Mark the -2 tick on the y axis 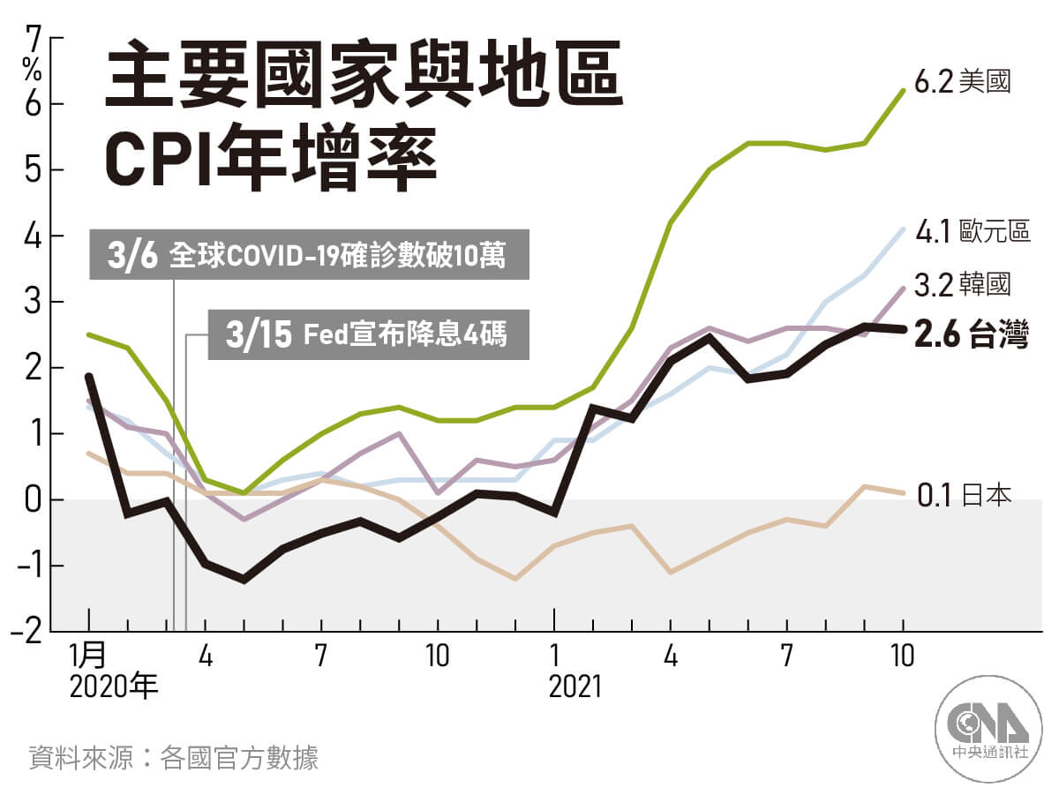coord(26,632)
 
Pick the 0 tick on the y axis coord(34,500)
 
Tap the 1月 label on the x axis coord(88,656)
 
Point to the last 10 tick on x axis coord(903,656)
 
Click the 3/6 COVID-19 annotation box coord(310,257)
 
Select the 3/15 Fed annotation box coord(368,335)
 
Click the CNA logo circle coord(988,730)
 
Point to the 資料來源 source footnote coord(173,757)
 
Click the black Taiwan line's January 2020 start coord(88,376)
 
